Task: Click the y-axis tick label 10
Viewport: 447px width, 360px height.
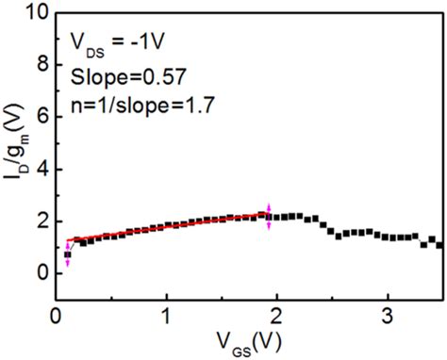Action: (34, 13)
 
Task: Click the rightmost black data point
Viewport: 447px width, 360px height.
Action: (439, 245)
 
